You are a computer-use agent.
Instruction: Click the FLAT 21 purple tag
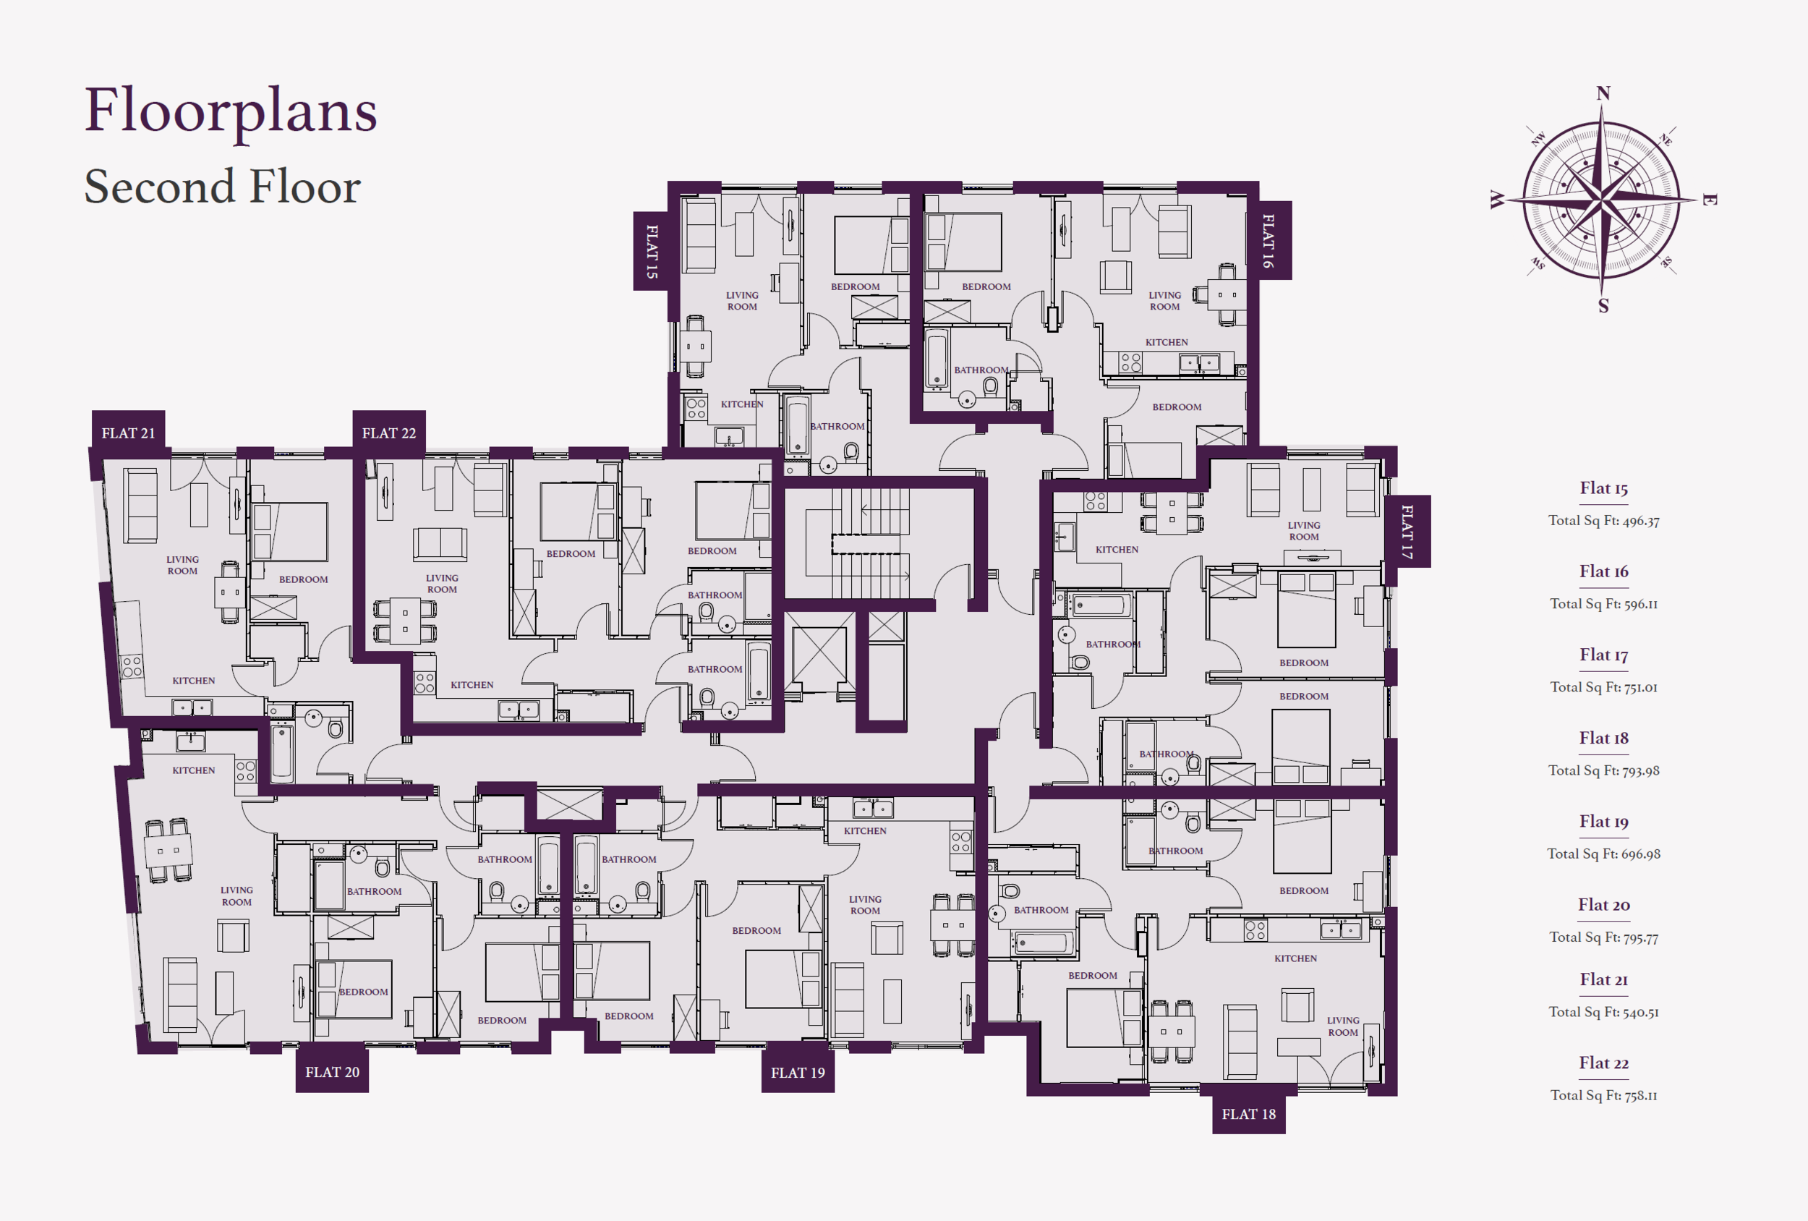click(x=128, y=433)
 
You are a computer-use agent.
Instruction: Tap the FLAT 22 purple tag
click(x=389, y=433)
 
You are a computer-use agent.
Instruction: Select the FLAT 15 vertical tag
click(x=652, y=251)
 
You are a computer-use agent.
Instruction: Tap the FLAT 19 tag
click(x=798, y=1073)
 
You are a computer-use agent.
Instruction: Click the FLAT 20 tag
click(x=332, y=1071)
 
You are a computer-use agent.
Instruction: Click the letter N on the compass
click(x=1603, y=94)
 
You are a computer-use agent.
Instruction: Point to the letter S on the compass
click(x=1603, y=306)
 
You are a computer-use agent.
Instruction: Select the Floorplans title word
click(x=230, y=111)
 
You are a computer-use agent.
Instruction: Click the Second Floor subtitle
click(x=223, y=187)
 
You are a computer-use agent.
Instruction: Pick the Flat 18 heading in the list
click(x=1603, y=738)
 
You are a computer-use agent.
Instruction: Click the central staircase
click(x=870, y=543)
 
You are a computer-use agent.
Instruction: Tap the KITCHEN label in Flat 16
click(x=1167, y=342)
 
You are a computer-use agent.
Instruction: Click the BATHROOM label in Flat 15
click(x=837, y=427)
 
